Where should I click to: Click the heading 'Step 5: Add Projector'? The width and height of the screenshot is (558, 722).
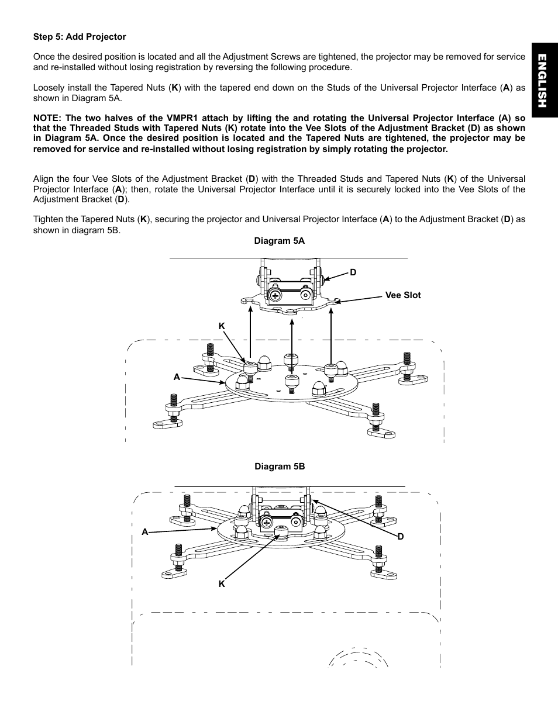80,37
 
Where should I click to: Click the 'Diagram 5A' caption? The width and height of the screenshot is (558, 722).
279,241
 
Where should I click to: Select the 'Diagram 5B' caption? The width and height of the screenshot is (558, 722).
279,467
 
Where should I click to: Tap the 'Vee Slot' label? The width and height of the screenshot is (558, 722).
402,295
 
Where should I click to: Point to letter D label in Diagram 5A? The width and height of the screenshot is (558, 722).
353,272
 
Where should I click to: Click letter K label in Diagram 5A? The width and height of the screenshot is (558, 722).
222,326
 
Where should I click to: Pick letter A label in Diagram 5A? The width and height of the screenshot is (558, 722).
177,377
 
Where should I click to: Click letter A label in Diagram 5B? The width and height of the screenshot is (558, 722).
144,532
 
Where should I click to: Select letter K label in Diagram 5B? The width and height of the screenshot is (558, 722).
222,583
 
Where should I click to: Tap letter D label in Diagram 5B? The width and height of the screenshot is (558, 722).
401,536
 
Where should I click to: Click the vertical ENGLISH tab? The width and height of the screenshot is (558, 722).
542,81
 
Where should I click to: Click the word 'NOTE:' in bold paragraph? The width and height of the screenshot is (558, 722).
47,118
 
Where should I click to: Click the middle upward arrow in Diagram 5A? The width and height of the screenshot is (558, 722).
291,336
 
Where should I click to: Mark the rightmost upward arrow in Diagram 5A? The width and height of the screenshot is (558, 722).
331,336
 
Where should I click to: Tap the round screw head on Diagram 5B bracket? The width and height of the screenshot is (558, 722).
267,521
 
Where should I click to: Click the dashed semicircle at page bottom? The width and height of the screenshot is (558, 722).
359,658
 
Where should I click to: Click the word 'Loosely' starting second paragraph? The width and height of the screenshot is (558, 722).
49,88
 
